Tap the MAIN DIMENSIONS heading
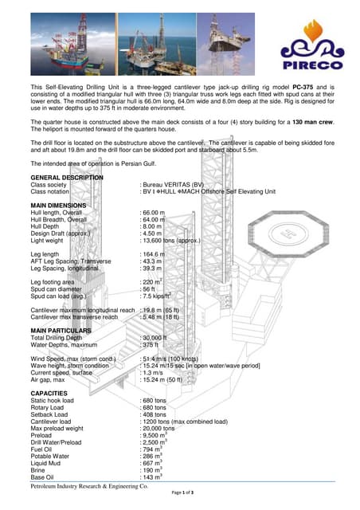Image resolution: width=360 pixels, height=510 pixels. point(63,206)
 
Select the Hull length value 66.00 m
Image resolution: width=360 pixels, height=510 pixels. point(153,214)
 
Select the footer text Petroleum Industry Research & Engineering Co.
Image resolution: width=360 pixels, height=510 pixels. point(84,485)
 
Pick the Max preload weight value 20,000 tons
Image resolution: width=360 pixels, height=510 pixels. point(159,428)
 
